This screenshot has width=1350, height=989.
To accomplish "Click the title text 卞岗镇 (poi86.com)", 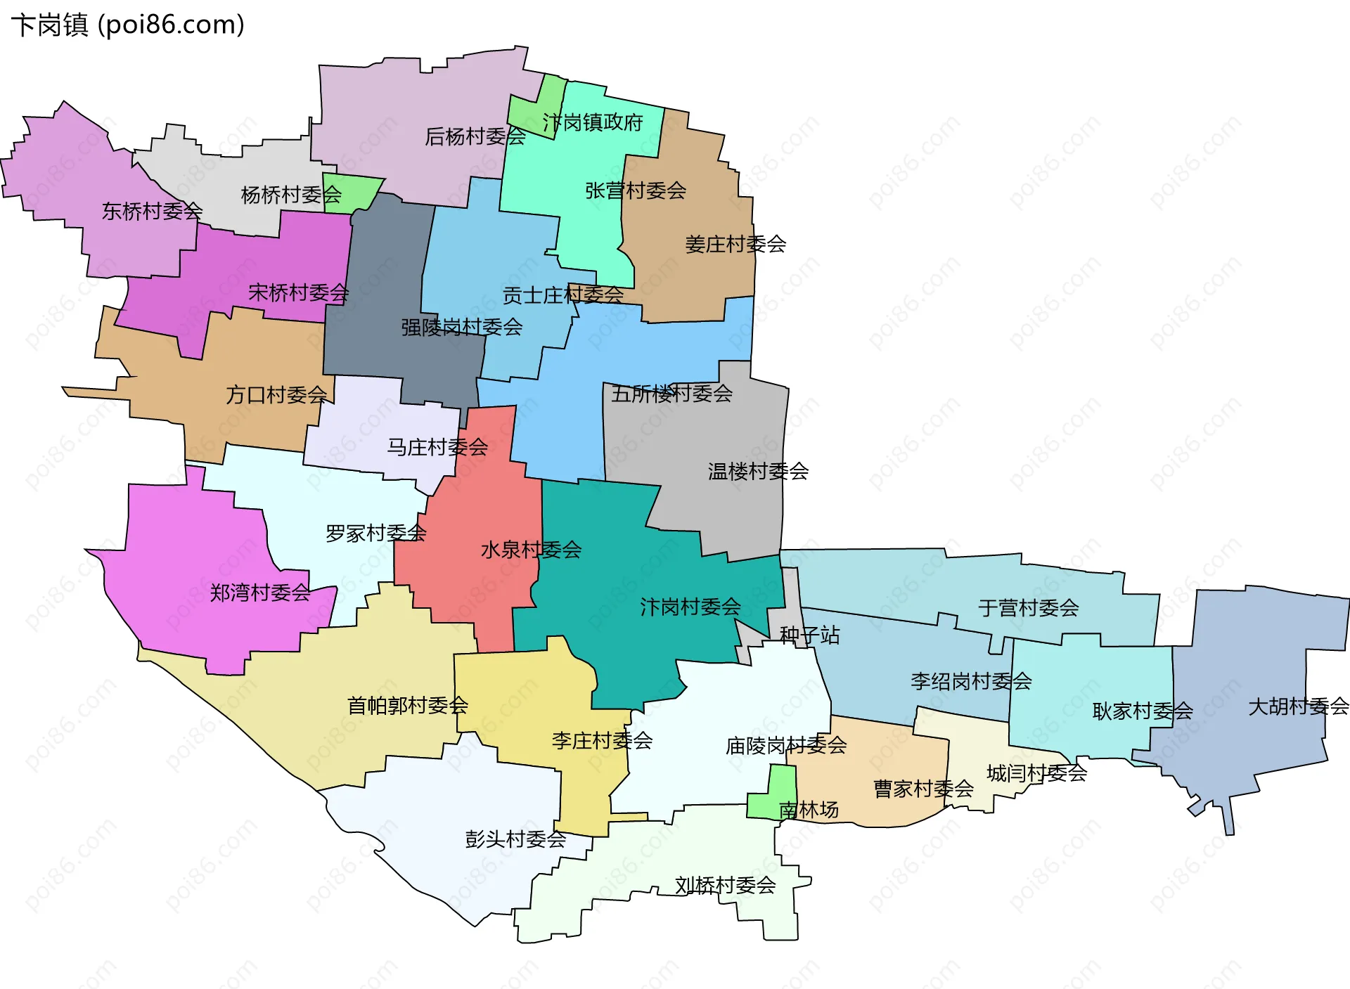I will point(127,25).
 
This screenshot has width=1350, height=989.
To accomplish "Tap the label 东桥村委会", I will point(152,211).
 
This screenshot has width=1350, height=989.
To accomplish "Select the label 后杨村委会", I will point(475,136).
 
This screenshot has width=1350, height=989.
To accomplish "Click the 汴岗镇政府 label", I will point(592,123).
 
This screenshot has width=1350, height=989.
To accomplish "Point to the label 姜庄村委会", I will point(735,245).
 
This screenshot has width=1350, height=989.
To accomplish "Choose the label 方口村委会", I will point(276,395).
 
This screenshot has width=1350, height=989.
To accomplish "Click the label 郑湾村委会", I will point(259,593).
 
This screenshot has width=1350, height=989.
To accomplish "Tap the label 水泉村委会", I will point(531,550).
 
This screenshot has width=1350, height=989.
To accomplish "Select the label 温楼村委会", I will point(758,471).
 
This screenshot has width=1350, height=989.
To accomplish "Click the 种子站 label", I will point(809,635).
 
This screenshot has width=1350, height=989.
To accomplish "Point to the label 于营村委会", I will point(1028,608).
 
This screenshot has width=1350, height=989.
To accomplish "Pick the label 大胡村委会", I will point(1298,706).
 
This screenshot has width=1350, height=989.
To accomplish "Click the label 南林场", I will point(809,810).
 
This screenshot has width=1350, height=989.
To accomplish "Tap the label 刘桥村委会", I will point(725,885).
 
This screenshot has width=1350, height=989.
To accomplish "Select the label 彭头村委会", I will point(515,839).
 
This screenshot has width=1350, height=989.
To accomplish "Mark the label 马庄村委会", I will point(437,447).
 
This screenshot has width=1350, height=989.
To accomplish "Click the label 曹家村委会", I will point(923,789).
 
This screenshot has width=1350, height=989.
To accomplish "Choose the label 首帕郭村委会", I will point(408,705).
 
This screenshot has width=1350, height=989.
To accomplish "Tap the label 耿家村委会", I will point(1142,711).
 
